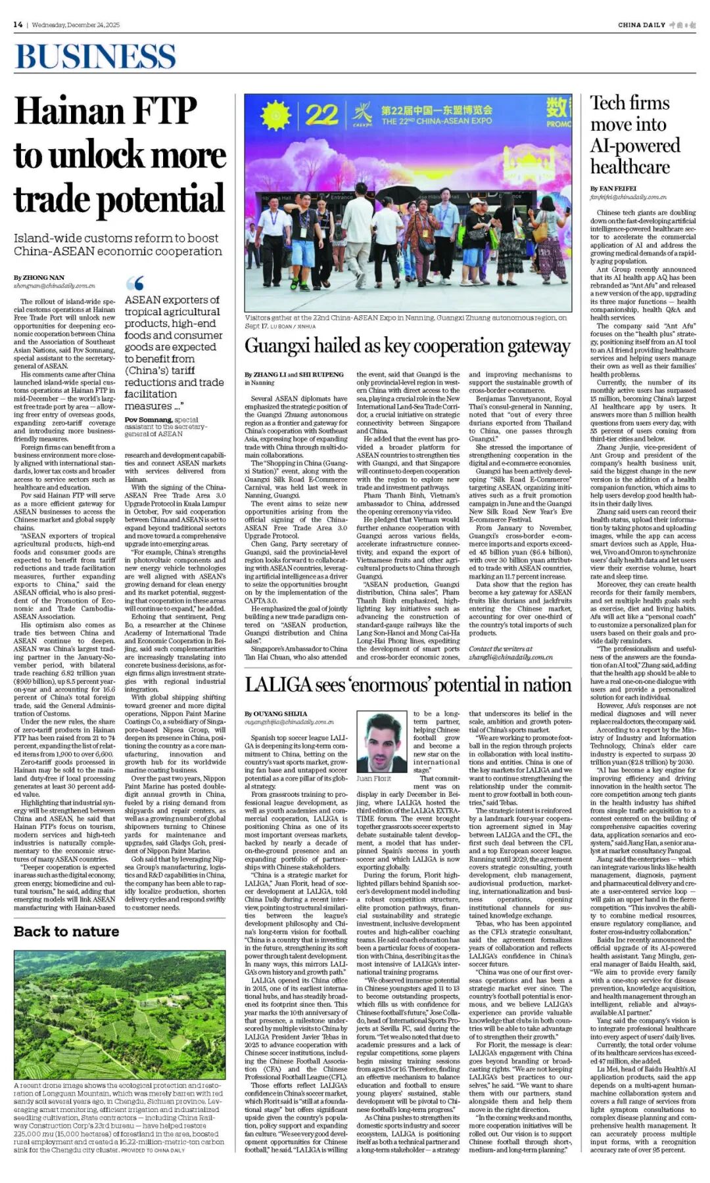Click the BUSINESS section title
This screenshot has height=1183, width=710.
point(96,56)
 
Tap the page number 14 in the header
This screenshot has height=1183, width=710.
point(18,25)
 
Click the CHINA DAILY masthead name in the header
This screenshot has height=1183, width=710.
point(642,25)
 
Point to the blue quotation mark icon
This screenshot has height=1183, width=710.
point(135,283)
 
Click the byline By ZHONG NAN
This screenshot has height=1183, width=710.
point(39,278)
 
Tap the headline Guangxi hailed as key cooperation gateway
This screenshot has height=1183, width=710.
point(408,346)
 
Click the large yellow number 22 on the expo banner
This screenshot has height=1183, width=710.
point(321,115)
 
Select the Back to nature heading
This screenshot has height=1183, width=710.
point(66,931)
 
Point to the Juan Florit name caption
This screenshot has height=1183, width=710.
point(373,778)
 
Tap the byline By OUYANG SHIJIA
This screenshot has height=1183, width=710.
point(275,713)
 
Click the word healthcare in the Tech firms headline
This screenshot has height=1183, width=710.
point(630,167)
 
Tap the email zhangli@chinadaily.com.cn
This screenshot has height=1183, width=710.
point(510,657)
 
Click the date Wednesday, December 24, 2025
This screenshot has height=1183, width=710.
point(76,25)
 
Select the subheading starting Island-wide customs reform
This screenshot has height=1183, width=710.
point(118,244)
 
